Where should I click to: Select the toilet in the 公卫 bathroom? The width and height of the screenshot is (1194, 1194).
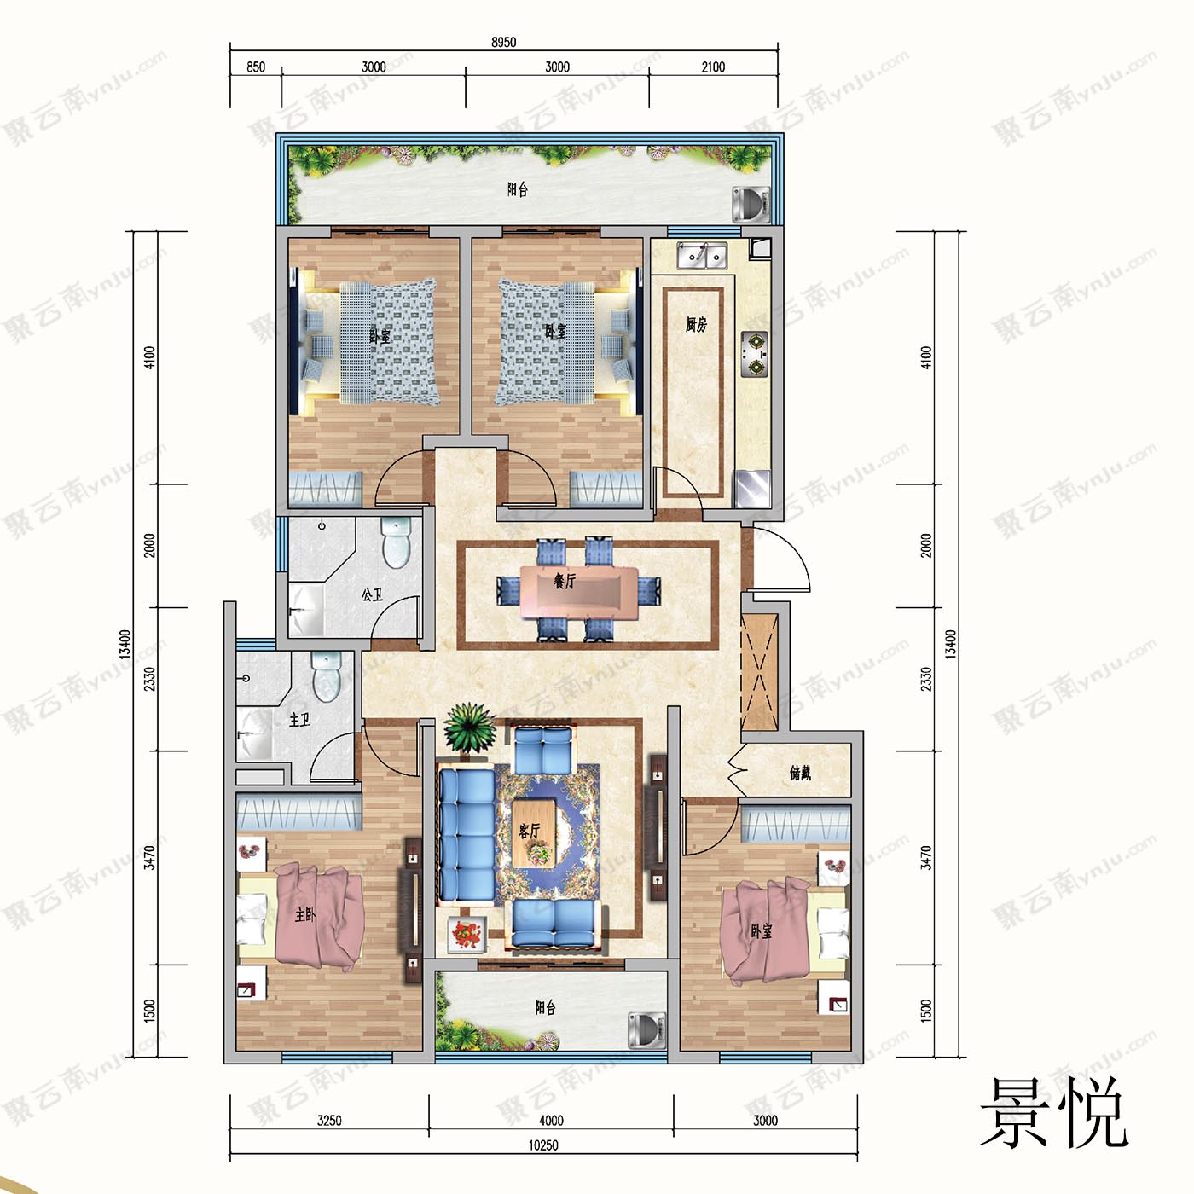click(397, 542)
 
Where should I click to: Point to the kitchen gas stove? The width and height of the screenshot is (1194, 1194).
click(754, 354)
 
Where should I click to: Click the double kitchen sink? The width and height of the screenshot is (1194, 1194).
click(701, 254)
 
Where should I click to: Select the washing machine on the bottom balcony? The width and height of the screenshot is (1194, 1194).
click(646, 1029)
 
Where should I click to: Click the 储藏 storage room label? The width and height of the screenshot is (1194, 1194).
click(800, 773)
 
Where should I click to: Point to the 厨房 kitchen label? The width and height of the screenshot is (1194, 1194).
click(696, 324)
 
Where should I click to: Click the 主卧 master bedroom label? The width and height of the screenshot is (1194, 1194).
click(304, 914)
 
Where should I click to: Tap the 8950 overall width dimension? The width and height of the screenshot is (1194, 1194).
click(503, 42)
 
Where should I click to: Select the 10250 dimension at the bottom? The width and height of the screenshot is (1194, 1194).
click(543, 1145)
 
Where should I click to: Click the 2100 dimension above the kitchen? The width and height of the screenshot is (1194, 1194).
click(713, 67)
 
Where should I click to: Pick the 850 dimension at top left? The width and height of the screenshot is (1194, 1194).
click(256, 67)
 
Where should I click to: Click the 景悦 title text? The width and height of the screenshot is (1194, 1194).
click(1054, 1114)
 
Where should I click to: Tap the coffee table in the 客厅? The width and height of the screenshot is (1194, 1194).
click(535, 832)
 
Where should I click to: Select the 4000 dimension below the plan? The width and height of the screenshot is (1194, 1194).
click(551, 1121)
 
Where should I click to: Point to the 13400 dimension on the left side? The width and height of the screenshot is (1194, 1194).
click(125, 644)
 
